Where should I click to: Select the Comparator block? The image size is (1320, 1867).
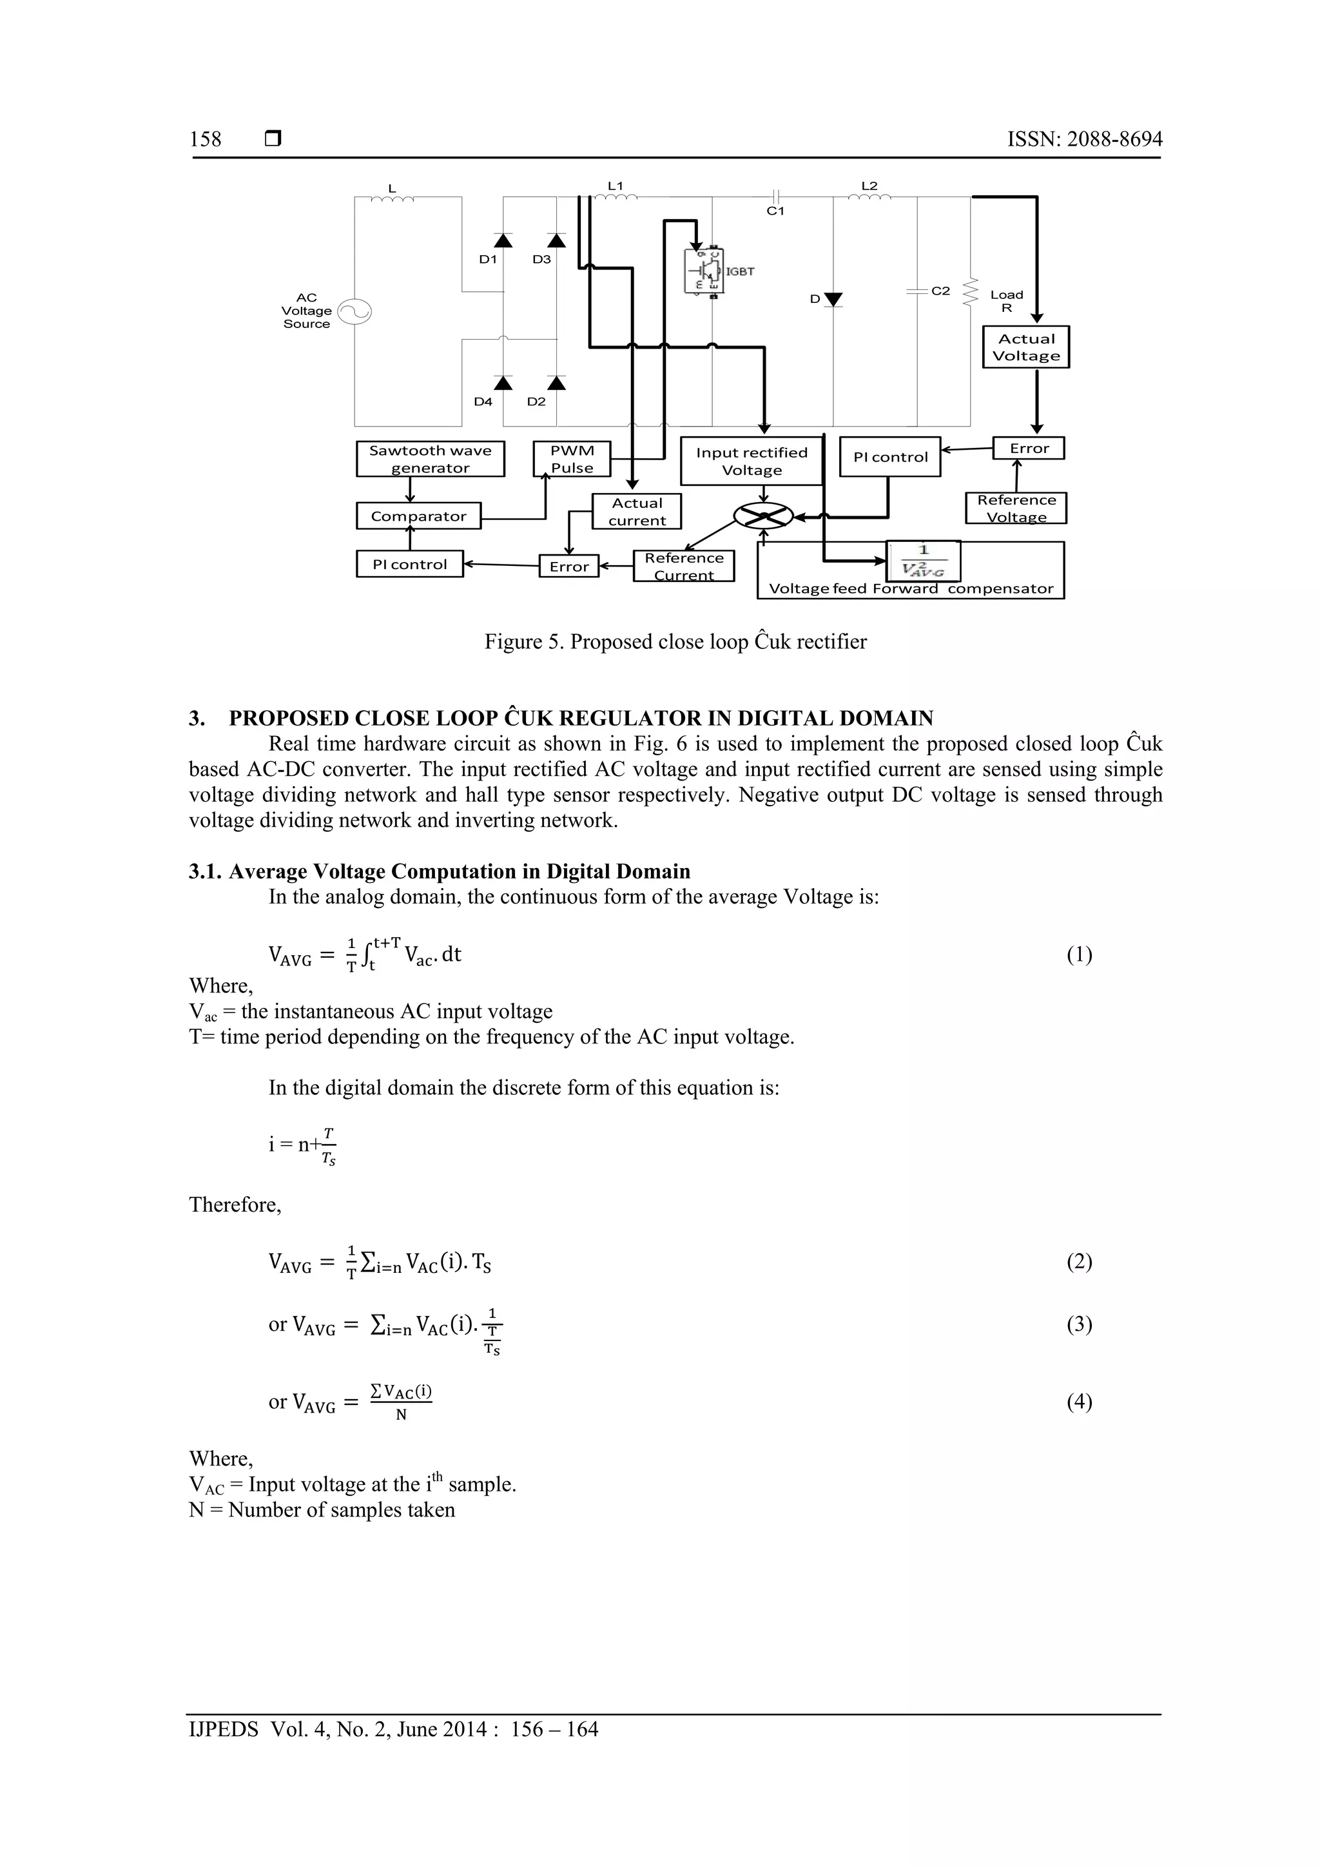click(418, 516)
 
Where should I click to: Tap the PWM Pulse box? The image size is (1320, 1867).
click(572, 459)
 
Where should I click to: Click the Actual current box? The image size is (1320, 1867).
click(637, 512)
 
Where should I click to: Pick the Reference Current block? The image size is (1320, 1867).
click(683, 566)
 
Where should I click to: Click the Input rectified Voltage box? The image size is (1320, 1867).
click(752, 461)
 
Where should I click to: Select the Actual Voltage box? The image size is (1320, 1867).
click(1025, 347)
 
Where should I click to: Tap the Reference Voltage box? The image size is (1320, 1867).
click(1016, 508)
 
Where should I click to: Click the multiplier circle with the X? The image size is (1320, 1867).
click(763, 516)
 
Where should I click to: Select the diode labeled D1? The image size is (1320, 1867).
click(503, 240)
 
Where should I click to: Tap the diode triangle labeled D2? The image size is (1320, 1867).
click(556, 382)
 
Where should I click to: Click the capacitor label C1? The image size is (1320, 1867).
click(775, 211)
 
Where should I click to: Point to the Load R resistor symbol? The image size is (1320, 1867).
click(969, 293)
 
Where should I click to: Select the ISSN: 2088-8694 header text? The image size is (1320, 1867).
click(1084, 139)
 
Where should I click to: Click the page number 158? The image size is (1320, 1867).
click(205, 139)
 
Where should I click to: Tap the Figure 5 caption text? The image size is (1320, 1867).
click(675, 642)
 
